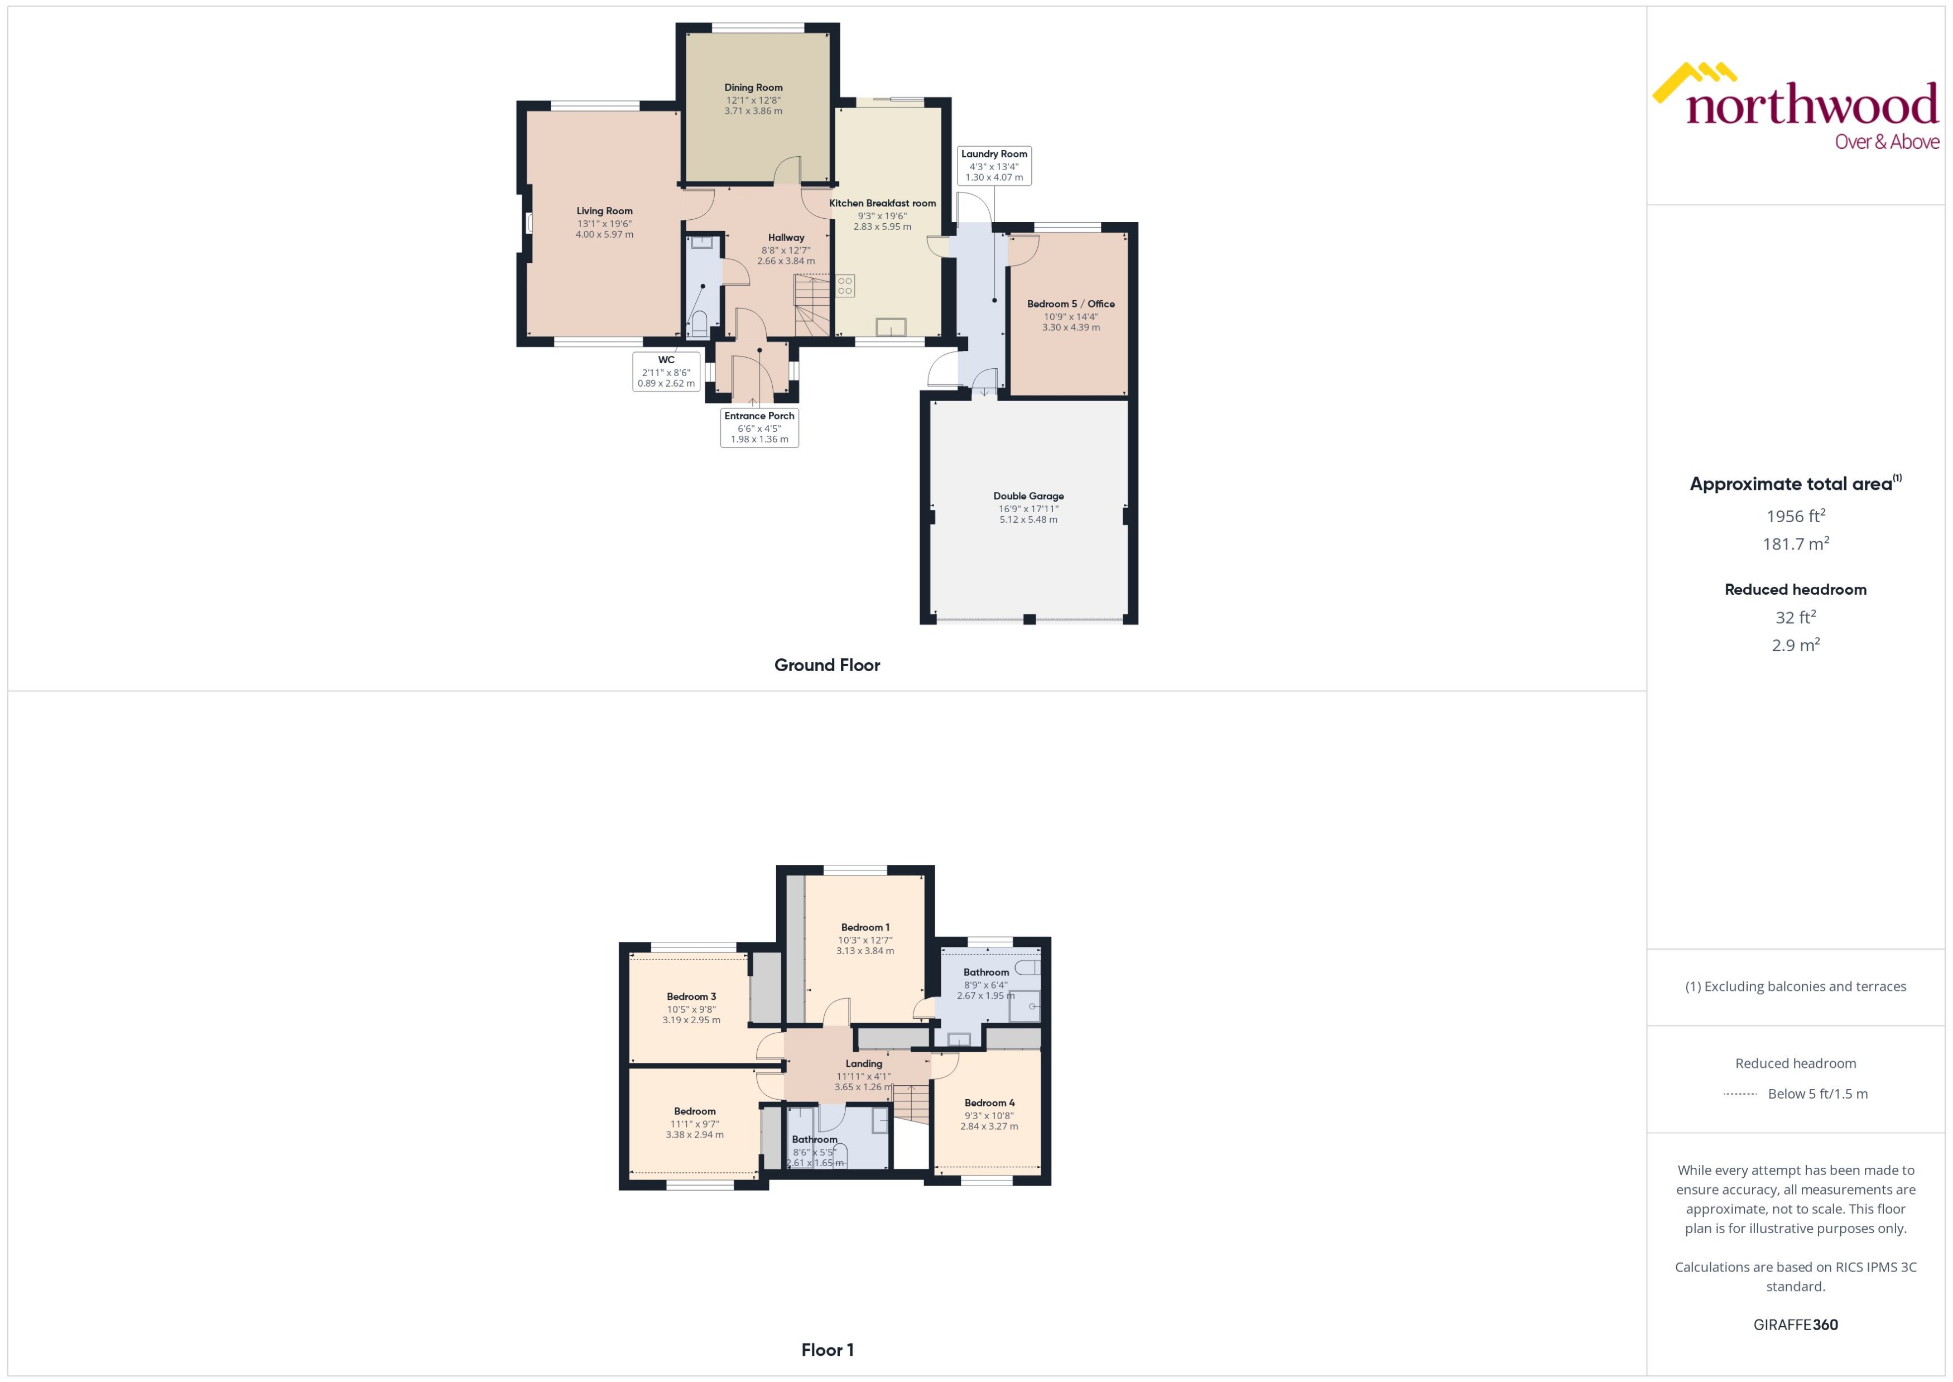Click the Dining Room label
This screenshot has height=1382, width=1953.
click(x=753, y=88)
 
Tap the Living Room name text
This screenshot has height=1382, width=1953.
click(x=604, y=211)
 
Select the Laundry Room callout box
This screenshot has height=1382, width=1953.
click(x=994, y=165)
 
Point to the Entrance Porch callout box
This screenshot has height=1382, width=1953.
click(x=759, y=427)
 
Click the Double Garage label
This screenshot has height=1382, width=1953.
click(x=1028, y=496)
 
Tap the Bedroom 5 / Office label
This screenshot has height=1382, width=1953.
click(x=1071, y=304)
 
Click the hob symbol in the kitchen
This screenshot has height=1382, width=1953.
click(x=845, y=285)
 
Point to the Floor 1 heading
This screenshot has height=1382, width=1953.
click(x=826, y=1350)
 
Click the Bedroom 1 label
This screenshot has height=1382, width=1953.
click(x=864, y=928)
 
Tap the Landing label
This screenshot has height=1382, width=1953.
click(x=864, y=1064)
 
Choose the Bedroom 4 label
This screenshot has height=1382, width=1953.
click(x=989, y=1103)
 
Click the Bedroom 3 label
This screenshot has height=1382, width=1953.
click(x=691, y=996)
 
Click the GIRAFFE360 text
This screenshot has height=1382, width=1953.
click(x=1796, y=1325)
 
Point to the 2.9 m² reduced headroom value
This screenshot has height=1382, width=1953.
click(x=1796, y=645)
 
